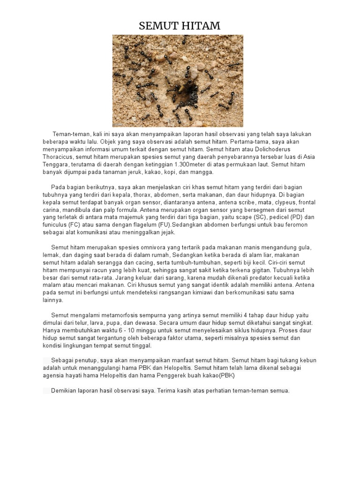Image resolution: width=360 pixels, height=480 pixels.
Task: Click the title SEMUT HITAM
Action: point(180,26)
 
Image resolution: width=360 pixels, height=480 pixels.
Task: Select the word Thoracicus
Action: point(58,157)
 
